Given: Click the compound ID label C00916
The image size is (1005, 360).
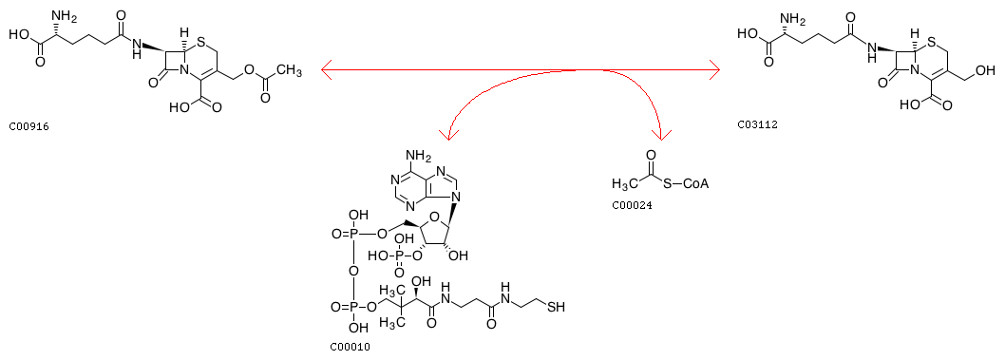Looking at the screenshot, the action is click(x=28, y=127).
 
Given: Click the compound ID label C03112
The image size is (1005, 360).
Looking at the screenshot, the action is click(x=757, y=125).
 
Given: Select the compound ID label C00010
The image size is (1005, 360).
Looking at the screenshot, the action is click(x=350, y=348).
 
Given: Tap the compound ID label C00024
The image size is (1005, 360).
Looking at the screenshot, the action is click(x=632, y=206).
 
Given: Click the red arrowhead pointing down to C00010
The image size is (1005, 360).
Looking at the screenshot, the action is click(x=448, y=133).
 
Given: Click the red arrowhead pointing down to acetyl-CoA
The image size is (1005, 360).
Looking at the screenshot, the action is click(x=661, y=133).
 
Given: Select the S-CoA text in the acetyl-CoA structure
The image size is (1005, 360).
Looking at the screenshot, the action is click(x=686, y=184).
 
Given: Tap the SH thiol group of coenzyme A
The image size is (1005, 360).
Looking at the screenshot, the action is click(x=556, y=307).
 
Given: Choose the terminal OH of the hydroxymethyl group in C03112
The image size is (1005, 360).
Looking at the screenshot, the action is click(x=986, y=70).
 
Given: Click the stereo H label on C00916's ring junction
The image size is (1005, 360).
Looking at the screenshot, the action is click(x=184, y=30).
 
